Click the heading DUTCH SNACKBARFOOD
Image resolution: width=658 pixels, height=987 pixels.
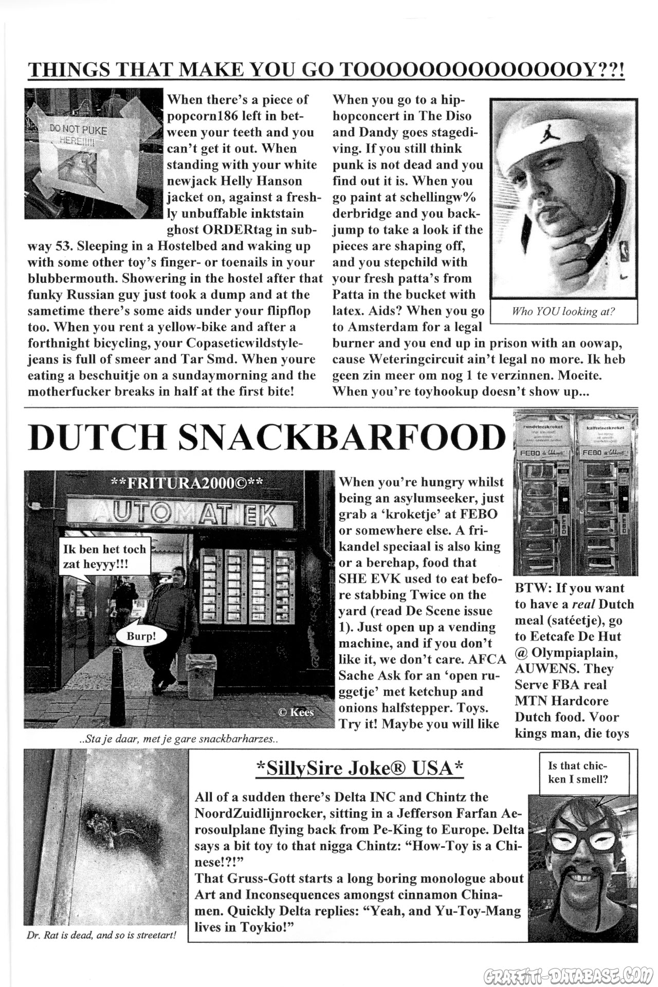(267, 437)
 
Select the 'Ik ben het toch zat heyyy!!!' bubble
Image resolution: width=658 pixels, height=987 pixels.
(104, 556)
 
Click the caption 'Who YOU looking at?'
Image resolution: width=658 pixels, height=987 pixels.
(563, 312)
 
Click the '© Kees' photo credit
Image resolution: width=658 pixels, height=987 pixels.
(296, 712)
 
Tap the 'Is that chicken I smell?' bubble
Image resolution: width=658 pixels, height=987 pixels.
(578, 772)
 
